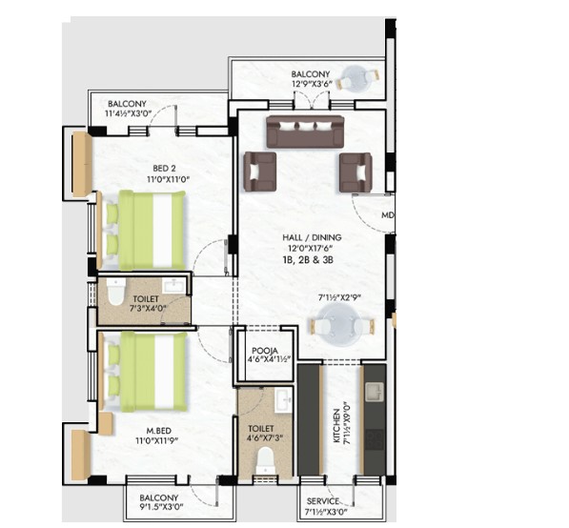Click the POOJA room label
point(265,351)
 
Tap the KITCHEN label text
point(336,426)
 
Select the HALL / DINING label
point(312,237)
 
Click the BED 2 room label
point(164,169)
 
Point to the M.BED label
point(158,431)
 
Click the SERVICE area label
point(322,501)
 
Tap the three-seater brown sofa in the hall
point(305,132)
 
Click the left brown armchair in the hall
point(260,172)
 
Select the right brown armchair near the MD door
point(356,172)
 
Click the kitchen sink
point(375,392)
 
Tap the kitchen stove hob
point(375,439)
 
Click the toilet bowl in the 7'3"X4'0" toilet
point(116,292)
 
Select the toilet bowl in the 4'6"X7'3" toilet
point(265,460)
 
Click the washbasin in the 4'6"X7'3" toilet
point(283,399)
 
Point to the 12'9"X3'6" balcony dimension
point(312,84)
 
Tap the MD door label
point(388,215)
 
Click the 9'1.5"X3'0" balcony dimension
point(160,507)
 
